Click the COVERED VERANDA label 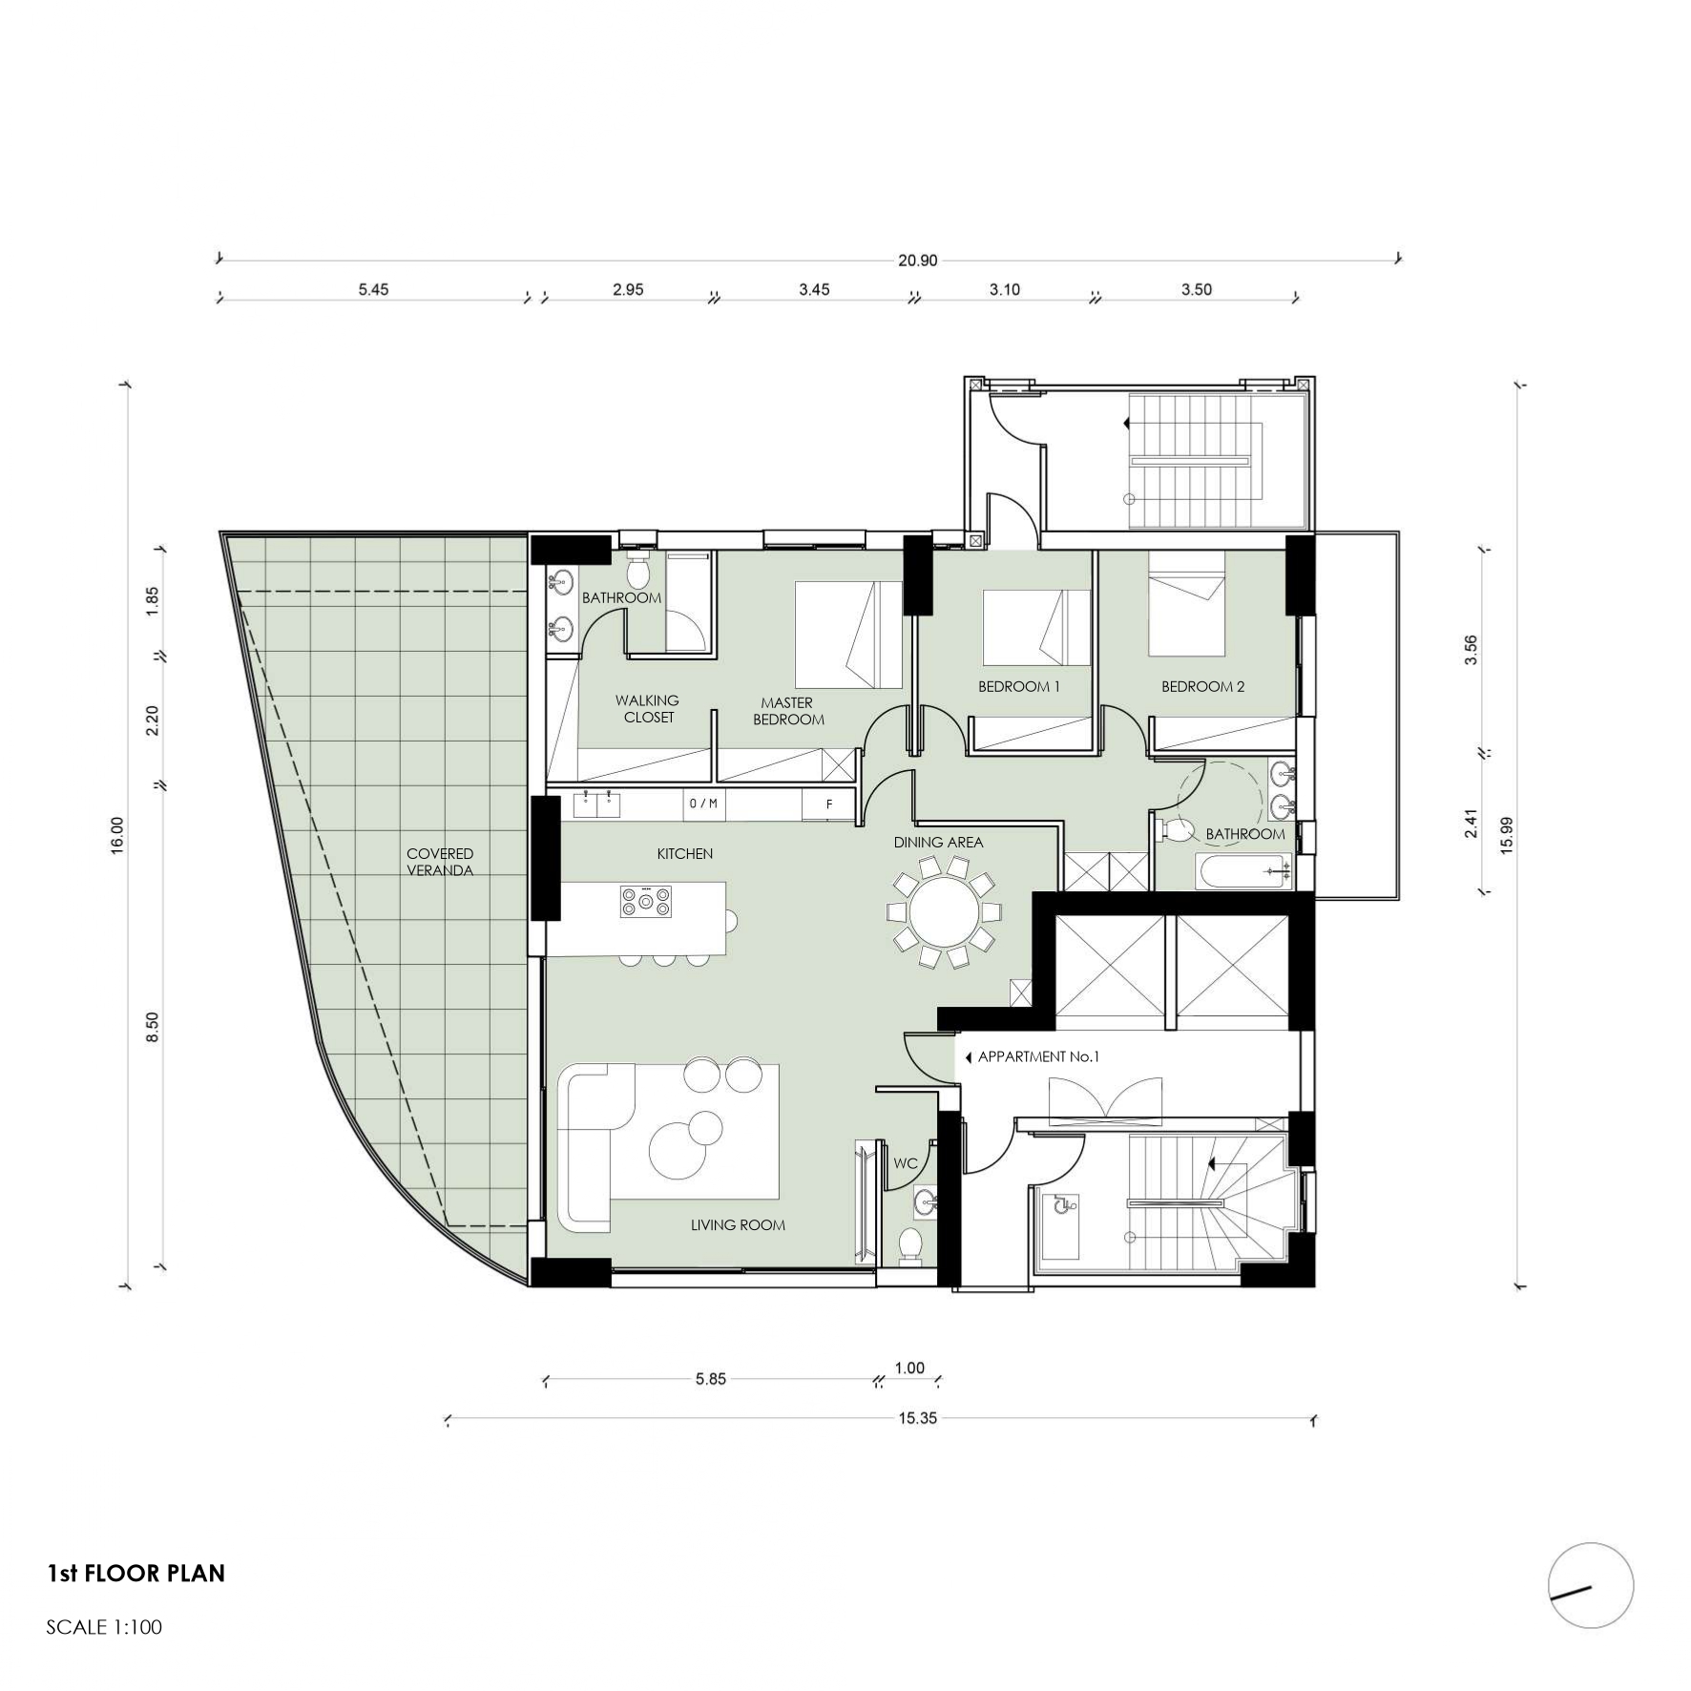(x=440, y=862)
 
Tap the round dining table (x=945, y=912)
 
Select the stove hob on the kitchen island (x=646, y=901)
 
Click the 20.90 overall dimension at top (x=917, y=260)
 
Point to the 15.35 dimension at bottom (x=917, y=1418)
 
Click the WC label (x=906, y=1163)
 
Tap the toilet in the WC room (x=911, y=1245)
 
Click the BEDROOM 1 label (x=1019, y=686)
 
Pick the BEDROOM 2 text (x=1202, y=686)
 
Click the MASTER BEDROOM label (x=788, y=711)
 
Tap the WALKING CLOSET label (x=648, y=709)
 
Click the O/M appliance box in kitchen (x=703, y=804)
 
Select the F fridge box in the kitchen (x=829, y=804)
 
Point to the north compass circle (x=1591, y=1585)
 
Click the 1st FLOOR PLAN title (x=136, y=1574)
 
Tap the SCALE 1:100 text (x=104, y=1627)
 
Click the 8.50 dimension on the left (x=153, y=1027)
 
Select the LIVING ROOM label (x=738, y=1224)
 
